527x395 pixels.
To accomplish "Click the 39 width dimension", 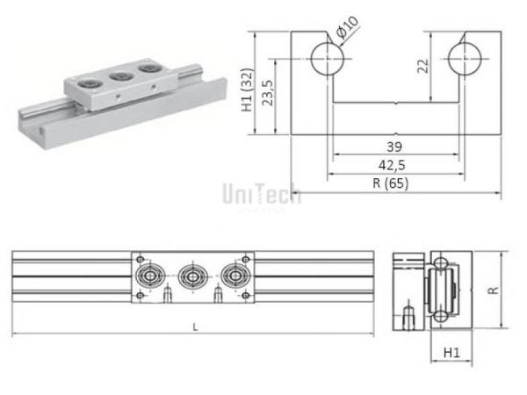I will pyautogui.click(x=393, y=146).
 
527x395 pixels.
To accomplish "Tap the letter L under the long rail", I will pyautogui.click(x=192, y=327).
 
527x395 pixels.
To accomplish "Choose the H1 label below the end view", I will pyautogui.click(x=451, y=353).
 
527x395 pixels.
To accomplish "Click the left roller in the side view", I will pyautogui.click(x=149, y=277).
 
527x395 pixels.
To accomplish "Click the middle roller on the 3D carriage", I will pyautogui.click(x=117, y=78).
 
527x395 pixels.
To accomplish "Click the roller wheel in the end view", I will pyautogui.click(x=437, y=291).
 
